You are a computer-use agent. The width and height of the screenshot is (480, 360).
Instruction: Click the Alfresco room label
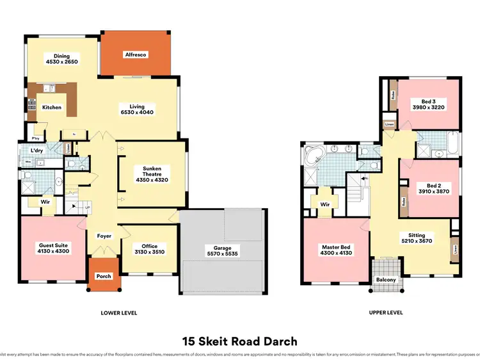point(135,55)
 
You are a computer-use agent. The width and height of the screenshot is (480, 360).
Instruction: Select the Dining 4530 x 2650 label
point(62,60)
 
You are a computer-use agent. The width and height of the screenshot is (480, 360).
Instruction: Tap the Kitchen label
point(52,107)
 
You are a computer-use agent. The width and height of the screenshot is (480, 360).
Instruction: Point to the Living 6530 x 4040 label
point(137,110)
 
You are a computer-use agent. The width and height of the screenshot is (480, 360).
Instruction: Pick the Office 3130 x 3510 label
point(150,249)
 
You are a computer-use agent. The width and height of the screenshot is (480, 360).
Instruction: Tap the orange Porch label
point(104,276)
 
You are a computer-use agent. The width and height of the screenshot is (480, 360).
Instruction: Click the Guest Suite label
point(54,249)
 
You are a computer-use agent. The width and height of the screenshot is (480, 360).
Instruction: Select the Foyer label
point(104,236)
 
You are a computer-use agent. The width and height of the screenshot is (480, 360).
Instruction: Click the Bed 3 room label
point(428,104)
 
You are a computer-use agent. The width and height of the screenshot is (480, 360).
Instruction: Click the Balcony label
point(386,280)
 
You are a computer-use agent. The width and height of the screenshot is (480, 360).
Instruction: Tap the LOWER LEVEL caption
point(119,313)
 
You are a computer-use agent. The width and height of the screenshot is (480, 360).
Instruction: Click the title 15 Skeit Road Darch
point(239,341)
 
